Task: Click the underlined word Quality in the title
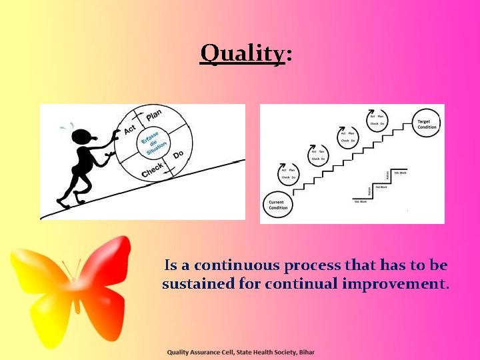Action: (243, 53)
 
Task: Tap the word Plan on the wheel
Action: (153, 114)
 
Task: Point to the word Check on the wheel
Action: (153, 171)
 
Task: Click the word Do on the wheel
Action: (178, 155)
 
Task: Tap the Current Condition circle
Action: (277, 205)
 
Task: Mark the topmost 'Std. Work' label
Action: (400, 173)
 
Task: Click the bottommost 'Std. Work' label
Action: (360, 201)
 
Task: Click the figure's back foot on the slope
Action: (64, 202)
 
